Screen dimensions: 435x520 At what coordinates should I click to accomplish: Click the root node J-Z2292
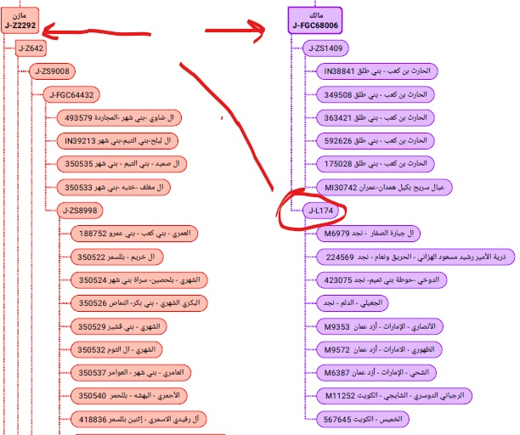pos(20,20)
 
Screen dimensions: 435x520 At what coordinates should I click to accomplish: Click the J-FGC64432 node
pos(72,94)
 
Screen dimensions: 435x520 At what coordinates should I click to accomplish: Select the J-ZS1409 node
pos(326,49)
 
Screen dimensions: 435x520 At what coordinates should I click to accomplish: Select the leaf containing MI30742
pos(383,187)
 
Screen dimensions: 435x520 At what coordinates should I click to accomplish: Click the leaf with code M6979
pos(372,233)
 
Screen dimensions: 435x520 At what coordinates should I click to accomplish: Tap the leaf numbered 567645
pos(360,418)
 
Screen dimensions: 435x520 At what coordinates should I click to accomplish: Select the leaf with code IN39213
pos(120,141)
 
